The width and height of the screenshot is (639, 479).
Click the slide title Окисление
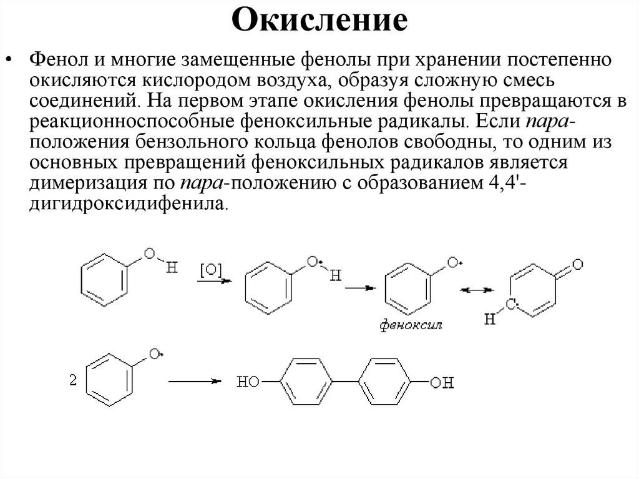[320, 20]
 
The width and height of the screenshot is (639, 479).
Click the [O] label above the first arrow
[210, 270]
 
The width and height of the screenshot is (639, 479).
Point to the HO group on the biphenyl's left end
[248, 382]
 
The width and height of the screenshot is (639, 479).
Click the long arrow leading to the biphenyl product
[195, 380]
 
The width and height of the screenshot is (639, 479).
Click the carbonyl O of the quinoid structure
[577, 264]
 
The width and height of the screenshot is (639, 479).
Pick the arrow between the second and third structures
[360, 288]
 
